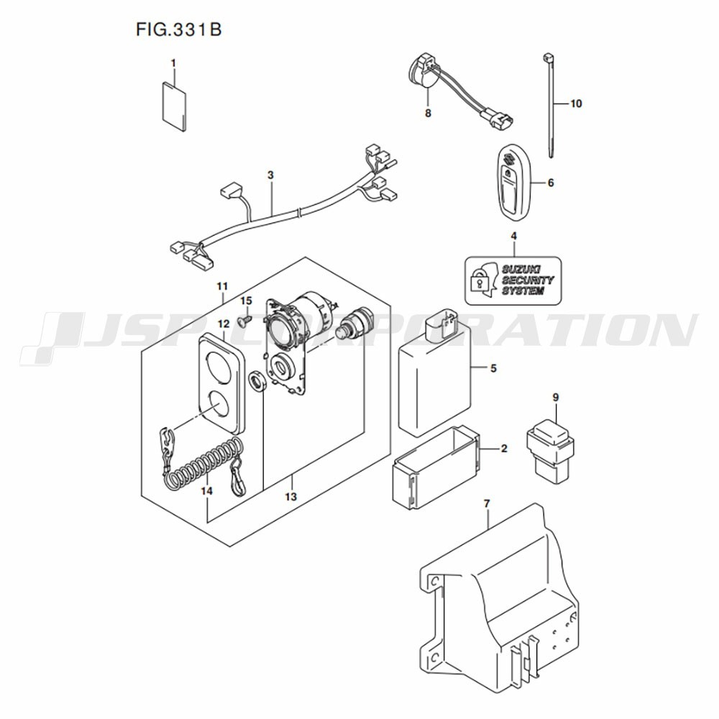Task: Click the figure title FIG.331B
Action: tap(179, 29)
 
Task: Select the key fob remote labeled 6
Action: tap(513, 183)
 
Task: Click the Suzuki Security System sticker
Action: tap(513, 280)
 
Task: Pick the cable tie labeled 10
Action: tap(549, 106)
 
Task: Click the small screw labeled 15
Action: tap(245, 321)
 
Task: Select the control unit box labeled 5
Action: tap(436, 376)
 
